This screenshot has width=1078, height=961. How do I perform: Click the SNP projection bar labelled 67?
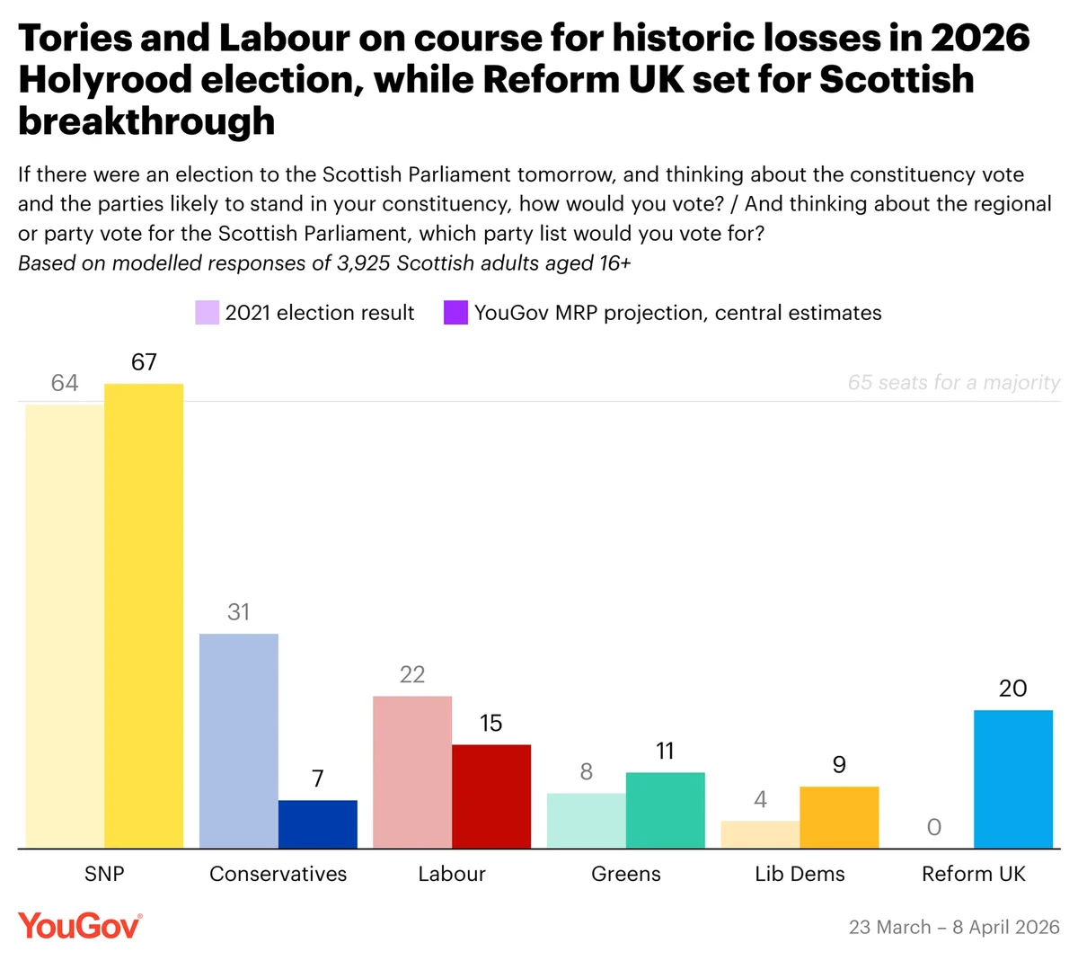tap(144, 616)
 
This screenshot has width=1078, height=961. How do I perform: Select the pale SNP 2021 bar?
tap(65, 626)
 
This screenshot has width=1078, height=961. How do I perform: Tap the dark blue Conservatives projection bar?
tap(317, 824)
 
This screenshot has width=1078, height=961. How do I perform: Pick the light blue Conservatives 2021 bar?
tap(239, 741)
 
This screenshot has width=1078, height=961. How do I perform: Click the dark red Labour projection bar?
tap(491, 796)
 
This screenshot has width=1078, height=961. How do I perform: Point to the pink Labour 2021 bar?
tap(412, 772)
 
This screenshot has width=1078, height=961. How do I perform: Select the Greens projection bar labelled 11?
tap(666, 810)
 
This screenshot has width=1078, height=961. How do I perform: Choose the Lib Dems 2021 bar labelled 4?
tap(760, 834)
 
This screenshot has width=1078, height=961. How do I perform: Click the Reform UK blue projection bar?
tap(1013, 779)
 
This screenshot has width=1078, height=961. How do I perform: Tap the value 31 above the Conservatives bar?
tap(239, 612)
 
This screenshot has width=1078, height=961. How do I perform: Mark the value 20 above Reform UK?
tap(1012, 689)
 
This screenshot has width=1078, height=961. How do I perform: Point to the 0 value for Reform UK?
tap(934, 827)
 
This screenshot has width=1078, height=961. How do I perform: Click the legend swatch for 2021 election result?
tap(208, 313)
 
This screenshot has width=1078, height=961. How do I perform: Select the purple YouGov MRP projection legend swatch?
tap(456, 313)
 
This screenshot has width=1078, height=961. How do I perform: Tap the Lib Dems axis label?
tap(800, 874)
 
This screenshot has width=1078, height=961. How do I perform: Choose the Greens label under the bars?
tap(626, 874)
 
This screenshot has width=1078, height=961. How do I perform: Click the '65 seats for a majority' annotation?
tap(953, 383)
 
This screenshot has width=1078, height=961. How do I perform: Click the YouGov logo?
tap(80, 926)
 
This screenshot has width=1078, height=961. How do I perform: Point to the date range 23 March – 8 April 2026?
tap(954, 927)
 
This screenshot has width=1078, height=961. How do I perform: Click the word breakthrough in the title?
tap(146, 121)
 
